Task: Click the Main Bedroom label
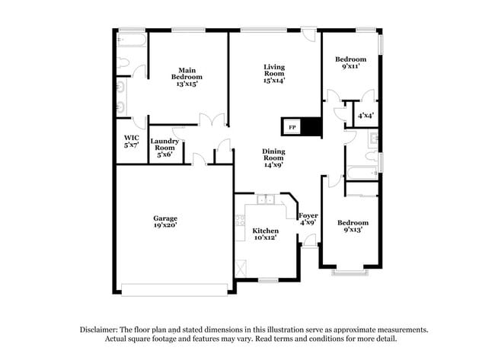pyautogui.click(x=187, y=77)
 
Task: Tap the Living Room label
pyautogui.click(x=274, y=73)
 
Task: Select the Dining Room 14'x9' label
pyautogui.click(x=273, y=158)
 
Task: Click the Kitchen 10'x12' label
pyautogui.click(x=265, y=234)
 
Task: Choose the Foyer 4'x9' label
pyautogui.click(x=308, y=219)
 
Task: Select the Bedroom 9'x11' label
pyautogui.click(x=350, y=63)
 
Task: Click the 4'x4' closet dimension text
pyautogui.click(x=365, y=116)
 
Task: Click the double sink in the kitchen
pyautogui.click(x=265, y=200)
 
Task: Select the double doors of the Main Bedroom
pyautogui.click(x=212, y=120)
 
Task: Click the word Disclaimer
pyautogui.click(x=101, y=330)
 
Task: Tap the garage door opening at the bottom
pyautogui.click(x=174, y=288)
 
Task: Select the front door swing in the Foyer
pyautogui.click(x=310, y=241)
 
